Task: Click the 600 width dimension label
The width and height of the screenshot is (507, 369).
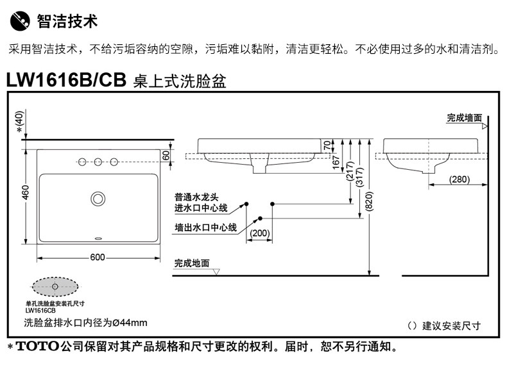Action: point(98,258)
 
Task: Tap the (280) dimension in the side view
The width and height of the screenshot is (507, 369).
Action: point(458,179)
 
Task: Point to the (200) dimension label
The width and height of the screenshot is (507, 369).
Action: point(260,233)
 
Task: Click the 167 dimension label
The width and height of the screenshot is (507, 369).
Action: point(336,163)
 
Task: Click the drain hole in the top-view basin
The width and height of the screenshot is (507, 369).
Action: point(98,198)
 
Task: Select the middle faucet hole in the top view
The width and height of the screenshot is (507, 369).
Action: point(98,161)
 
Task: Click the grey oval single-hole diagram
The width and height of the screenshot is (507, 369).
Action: point(55,286)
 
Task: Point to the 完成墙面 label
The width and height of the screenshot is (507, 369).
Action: point(464,118)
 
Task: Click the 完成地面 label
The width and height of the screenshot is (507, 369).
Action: point(192,263)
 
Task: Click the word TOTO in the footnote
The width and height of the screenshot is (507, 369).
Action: point(37,348)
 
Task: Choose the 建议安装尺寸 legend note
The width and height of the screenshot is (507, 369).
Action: point(451,326)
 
